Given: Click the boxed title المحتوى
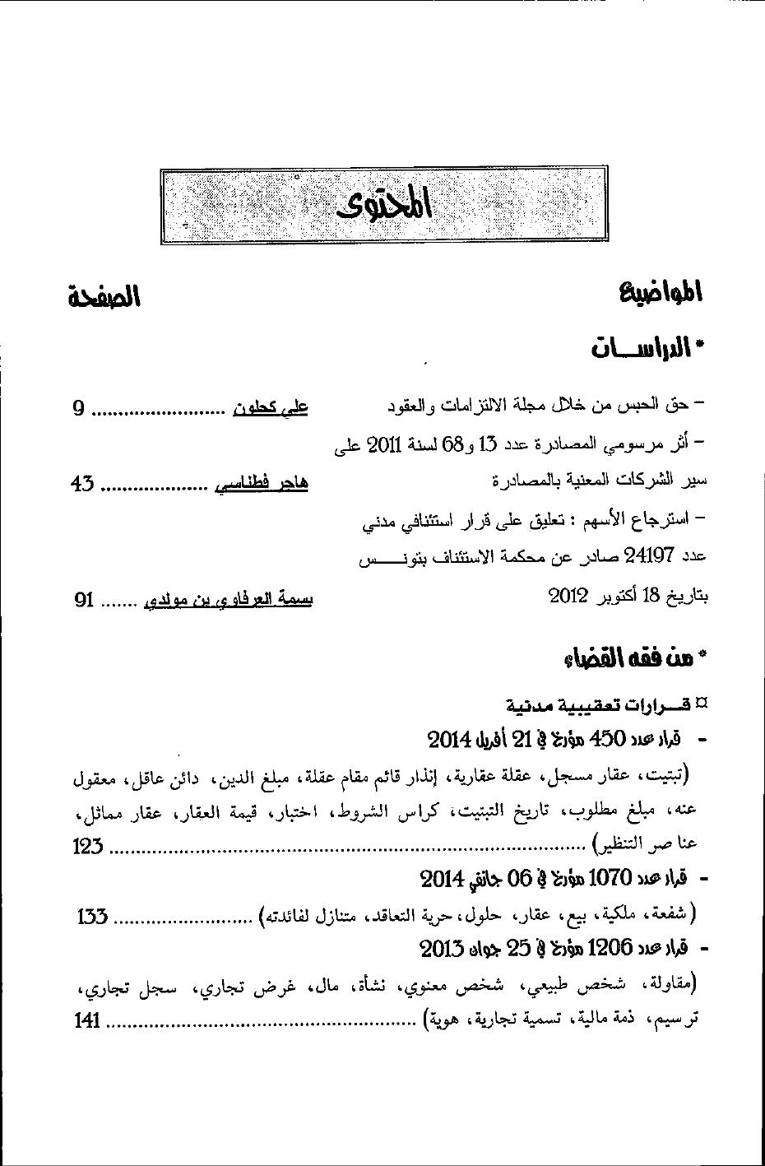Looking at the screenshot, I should [385, 206].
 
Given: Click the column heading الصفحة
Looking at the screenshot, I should [104, 296].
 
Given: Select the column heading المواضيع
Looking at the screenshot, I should [660, 293].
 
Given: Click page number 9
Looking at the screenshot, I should [78, 408].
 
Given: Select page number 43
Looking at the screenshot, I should [82, 485].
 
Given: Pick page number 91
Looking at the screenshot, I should [84, 601].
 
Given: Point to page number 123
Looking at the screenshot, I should [87, 846].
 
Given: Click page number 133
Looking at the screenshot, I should [93, 916].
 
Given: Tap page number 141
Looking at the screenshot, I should [87, 1021].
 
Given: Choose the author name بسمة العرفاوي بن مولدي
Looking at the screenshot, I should [228, 601].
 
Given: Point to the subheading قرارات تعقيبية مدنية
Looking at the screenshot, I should [600, 705].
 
